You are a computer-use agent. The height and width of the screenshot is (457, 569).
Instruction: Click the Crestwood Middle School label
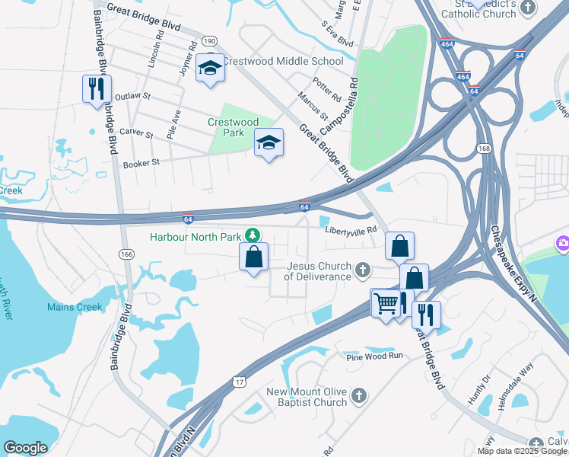point(283,61)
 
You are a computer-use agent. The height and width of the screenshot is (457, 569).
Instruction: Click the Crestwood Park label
point(234,127)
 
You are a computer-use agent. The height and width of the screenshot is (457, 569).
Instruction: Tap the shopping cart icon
point(386,303)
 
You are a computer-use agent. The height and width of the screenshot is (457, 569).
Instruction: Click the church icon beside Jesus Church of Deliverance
point(364,269)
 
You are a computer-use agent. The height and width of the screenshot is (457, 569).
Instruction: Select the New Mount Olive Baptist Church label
point(307,397)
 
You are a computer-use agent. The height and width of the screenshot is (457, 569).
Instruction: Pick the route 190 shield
point(210,40)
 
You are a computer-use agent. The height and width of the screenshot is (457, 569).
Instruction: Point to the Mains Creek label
point(75,308)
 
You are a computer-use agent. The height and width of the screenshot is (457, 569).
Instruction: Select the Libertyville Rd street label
point(351,230)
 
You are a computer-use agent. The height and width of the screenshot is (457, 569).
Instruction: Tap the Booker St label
point(141,163)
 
